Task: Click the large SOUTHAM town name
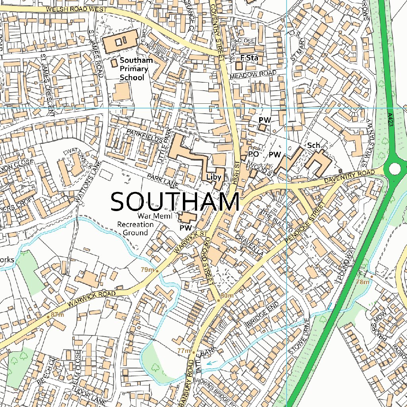click(x=175, y=202)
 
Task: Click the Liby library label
click(x=213, y=176)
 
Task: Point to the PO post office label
click(x=254, y=154)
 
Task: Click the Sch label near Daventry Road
click(x=314, y=145)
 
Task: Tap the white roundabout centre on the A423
click(x=395, y=169)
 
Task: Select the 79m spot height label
click(x=147, y=270)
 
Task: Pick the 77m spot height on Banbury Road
click(x=184, y=351)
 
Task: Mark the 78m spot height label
click(x=362, y=282)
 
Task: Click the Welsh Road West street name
click(x=77, y=9)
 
